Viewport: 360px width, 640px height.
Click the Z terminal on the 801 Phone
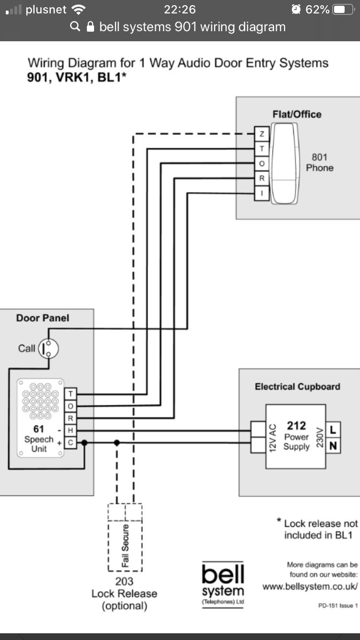tap(262, 133)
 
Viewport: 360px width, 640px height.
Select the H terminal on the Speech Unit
tap(71, 430)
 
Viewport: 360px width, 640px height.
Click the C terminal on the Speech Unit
tap(71, 443)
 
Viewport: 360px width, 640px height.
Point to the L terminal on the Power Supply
tap(333, 430)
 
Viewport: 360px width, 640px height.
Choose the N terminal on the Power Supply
tap(333, 446)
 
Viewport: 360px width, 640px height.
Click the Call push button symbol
tap(48, 348)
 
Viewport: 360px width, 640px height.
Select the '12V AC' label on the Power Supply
tap(273, 437)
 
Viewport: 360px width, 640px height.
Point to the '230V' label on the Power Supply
tap(319, 437)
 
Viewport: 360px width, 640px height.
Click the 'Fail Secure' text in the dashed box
tap(125, 546)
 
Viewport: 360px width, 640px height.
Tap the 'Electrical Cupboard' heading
tap(297, 387)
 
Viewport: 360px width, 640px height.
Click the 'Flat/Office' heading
tap(297, 114)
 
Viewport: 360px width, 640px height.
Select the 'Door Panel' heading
tap(43, 318)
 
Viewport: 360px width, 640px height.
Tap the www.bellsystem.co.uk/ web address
tap(310, 586)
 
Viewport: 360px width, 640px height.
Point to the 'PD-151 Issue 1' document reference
tap(336, 606)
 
